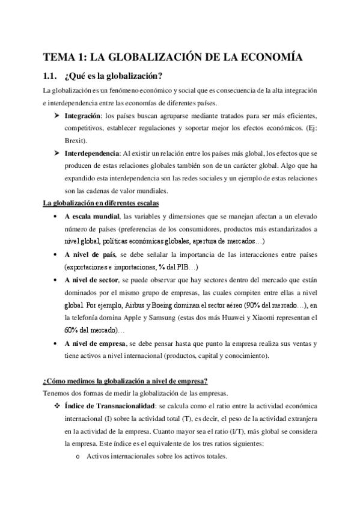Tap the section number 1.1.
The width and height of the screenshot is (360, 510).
[x=51, y=76]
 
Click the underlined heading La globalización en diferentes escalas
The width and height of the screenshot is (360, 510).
[x=100, y=203]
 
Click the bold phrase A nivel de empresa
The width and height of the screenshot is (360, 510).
[x=96, y=343]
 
